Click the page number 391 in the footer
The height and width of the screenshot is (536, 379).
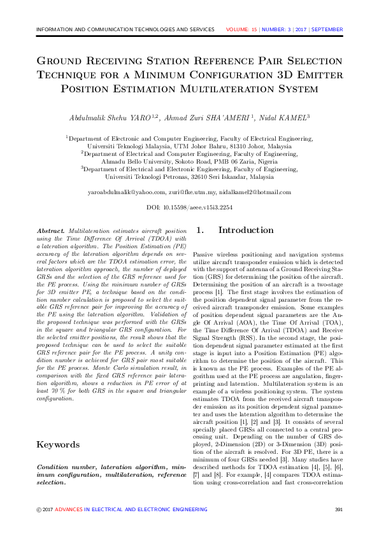click(x=339, y=509)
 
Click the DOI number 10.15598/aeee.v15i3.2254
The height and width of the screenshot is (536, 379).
click(x=197, y=208)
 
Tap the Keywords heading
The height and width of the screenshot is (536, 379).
click(x=58, y=444)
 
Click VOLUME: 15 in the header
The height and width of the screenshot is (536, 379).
click(x=241, y=30)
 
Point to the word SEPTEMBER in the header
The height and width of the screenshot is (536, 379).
click(x=327, y=30)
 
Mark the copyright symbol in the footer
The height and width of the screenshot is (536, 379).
click(x=38, y=509)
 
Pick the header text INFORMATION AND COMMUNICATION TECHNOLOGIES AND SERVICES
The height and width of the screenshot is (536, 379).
click(x=125, y=30)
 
